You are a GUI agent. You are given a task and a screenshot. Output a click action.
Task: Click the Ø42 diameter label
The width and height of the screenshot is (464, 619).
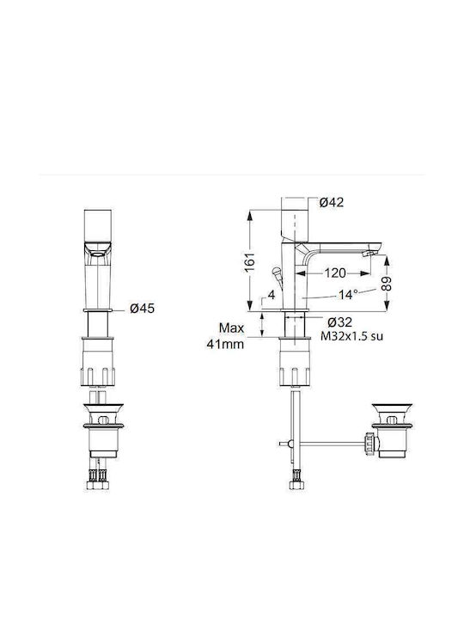coord(332,202)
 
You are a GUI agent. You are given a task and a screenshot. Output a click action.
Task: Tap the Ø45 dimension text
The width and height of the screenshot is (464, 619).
coord(142,308)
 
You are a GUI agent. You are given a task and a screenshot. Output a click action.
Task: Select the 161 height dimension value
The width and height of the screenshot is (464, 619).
coord(250,261)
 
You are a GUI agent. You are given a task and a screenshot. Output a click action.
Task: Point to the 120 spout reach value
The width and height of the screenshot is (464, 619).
coord(334,273)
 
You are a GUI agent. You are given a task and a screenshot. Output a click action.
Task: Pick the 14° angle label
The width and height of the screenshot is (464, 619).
coord(348,295)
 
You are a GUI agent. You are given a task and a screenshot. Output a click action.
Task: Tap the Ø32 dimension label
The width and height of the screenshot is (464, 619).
coord(339,322)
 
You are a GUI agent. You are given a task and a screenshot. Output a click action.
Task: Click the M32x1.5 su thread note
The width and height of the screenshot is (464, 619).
coord(351,336)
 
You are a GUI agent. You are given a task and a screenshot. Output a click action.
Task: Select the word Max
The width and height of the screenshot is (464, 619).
coord(231,328)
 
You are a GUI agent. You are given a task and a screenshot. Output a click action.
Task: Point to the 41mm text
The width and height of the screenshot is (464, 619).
coord(225,344)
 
